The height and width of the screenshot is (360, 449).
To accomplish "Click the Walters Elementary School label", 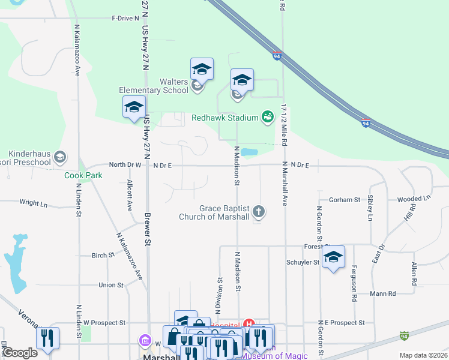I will pyautogui.click(x=154, y=86).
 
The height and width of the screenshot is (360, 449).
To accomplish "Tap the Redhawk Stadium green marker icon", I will pyautogui.click(x=267, y=117).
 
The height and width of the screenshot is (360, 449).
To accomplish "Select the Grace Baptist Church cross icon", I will pyautogui.click(x=259, y=211).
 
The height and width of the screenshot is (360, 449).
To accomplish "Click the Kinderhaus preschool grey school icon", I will pyautogui.click(x=59, y=157).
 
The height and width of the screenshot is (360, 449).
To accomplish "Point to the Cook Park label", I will pyautogui.click(x=83, y=175).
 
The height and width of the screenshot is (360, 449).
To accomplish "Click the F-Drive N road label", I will pyautogui.click(x=125, y=19).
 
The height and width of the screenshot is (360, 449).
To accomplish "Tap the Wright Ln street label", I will pyautogui.click(x=33, y=203).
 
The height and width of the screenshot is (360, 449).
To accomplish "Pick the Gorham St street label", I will pyautogui.click(x=344, y=199).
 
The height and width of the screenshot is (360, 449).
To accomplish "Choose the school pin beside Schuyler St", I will pyautogui.click(x=333, y=257).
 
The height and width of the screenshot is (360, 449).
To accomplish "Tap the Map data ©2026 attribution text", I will pyautogui.click(x=423, y=355).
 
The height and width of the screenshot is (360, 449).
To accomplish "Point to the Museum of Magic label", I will pyautogui.click(x=274, y=356).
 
